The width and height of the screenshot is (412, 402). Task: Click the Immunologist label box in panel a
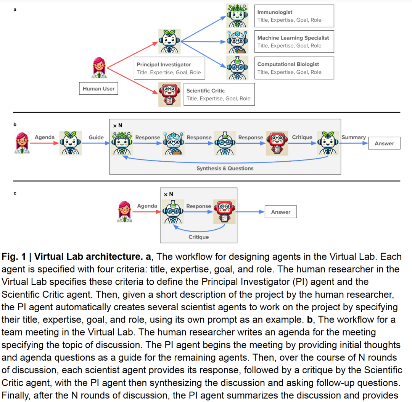click(x=294, y=16)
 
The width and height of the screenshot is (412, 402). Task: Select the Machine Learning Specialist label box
click(x=294, y=42)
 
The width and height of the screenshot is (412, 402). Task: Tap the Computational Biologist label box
click(x=294, y=68)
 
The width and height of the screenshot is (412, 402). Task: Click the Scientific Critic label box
click(x=219, y=94)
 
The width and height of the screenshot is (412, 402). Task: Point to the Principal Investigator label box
click(x=169, y=68)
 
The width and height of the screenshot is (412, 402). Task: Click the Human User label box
click(x=98, y=89)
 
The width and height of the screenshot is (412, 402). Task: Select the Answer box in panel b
click(x=384, y=143)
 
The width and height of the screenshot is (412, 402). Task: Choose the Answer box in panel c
click(x=281, y=212)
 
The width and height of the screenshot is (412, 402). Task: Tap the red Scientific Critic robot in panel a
click(x=169, y=94)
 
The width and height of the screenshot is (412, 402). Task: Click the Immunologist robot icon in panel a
click(x=237, y=15)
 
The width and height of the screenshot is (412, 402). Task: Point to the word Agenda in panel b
click(x=45, y=138)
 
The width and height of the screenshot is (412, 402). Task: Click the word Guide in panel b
click(x=96, y=138)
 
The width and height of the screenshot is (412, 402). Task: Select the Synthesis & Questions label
click(x=225, y=168)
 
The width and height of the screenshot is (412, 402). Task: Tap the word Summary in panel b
click(x=354, y=138)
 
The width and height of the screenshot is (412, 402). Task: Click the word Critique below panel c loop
click(x=198, y=237)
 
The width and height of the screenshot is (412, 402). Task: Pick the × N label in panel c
click(x=168, y=194)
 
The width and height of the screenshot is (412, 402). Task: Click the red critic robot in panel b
click(x=277, y=143)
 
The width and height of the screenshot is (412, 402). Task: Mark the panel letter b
click(x=15, y=125)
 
